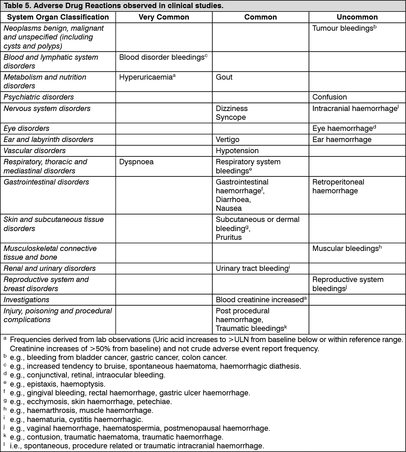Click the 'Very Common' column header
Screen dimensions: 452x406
(x=164, y=17)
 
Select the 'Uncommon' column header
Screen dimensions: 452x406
(x=357, y=17)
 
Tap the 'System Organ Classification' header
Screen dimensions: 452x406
(x=58, y=17)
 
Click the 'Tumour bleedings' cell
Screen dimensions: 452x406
(x=342, y=28)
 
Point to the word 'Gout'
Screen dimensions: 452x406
(x=224, y=77)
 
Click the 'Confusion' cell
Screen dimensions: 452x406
(x=330, y=97)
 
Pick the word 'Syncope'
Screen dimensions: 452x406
(x=231, y=117)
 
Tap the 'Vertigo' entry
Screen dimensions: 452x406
(x=227, y=140)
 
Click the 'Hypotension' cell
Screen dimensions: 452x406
(x=237, y=151)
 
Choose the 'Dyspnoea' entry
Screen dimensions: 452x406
(x=136, y=162)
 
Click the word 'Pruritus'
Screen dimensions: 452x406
(x=229, y=237)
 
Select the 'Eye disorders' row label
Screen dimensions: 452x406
(x=27, y=129)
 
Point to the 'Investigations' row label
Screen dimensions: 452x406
(x=27, y=300)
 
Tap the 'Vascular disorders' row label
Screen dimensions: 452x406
(x=35, y=151)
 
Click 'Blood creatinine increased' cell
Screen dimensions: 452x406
(x=259, y=300)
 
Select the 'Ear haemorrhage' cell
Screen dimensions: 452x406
(x=342, y=140)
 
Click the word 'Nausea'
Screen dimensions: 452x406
(x=229, y=208)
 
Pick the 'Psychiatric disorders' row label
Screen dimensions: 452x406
(x=39, y=97)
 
